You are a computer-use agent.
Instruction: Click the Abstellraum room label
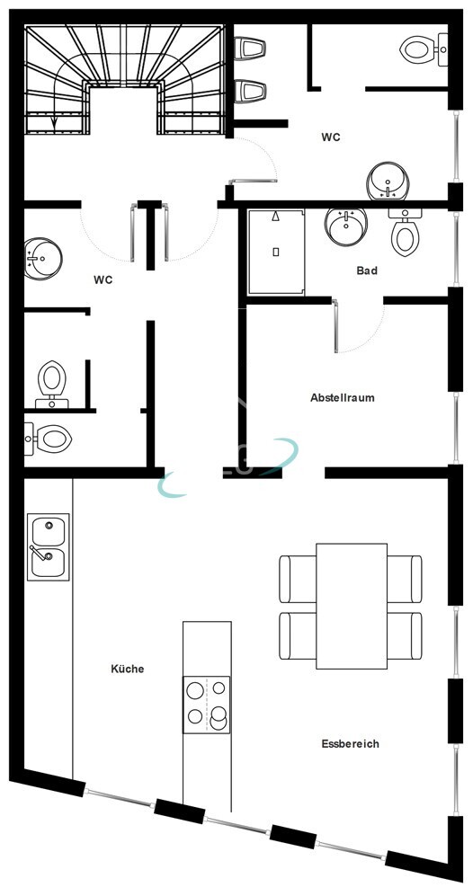342,397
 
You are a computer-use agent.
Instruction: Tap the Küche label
127,669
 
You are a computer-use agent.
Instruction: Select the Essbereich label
350,743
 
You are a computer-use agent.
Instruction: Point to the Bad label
366,271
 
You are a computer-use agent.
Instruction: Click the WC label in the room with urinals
332,138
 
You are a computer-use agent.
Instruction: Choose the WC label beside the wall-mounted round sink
103,280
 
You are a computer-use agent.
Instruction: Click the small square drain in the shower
275,251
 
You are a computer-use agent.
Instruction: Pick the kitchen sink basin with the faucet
48,562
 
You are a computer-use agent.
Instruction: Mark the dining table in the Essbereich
352,605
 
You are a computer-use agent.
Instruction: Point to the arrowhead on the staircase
55,123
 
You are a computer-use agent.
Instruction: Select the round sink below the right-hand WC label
388,182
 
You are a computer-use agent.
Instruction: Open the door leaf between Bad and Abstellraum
336,326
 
